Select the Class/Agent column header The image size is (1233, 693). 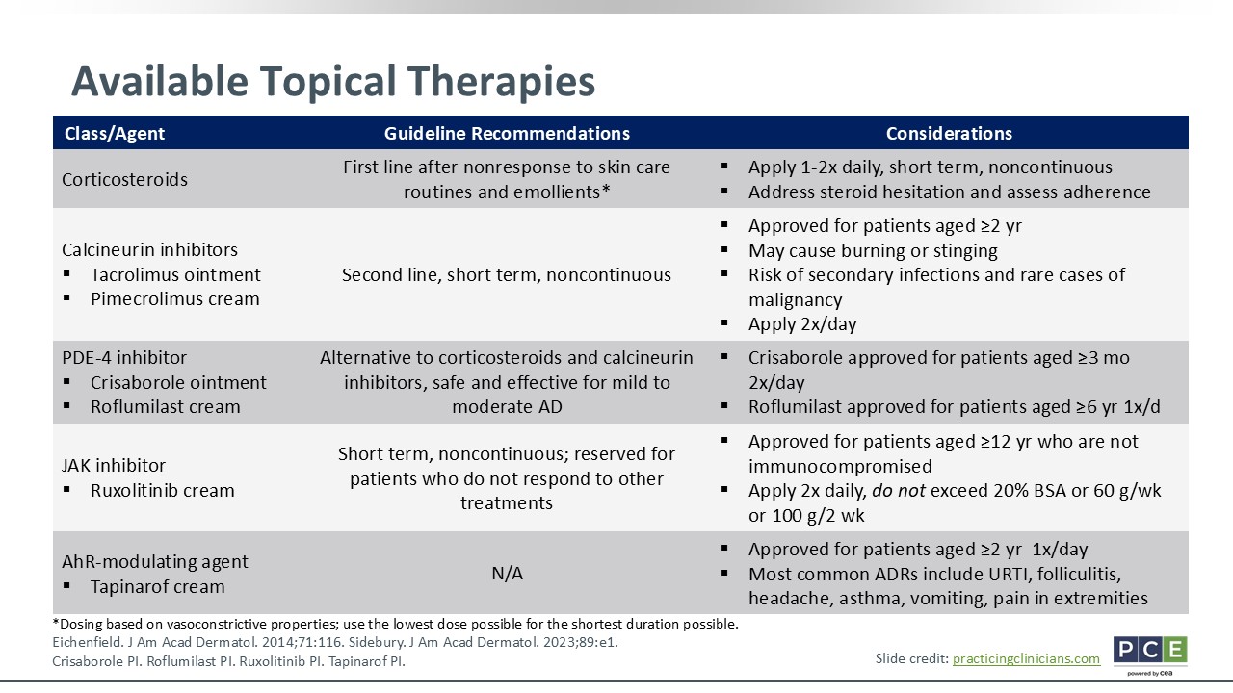pos(115,134)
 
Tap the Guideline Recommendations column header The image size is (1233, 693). pos(507,133)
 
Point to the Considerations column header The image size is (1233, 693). pos(949,133)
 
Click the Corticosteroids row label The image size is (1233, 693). pos(124,179)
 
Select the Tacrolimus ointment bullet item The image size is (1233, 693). pos(175,274)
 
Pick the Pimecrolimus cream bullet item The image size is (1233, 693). pos(175,298)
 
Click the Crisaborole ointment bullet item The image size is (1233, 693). pos(178,382)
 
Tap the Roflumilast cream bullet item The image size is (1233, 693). pos(166,406)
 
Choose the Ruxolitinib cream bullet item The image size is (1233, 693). pos(163,490)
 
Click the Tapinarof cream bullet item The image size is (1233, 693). pos(158,586)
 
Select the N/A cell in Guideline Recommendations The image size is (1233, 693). pos(507,573)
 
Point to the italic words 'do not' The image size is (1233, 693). pos(899,490)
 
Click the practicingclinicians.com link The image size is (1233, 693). pos(1026,658)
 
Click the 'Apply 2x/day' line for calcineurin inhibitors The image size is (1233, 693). pos(802,324)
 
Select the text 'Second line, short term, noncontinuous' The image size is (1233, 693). pos(507,274)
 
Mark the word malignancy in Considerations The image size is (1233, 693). pos(796,299)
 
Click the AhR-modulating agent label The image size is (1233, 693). pos(155,561)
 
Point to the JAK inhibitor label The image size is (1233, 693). pos(114,465)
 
